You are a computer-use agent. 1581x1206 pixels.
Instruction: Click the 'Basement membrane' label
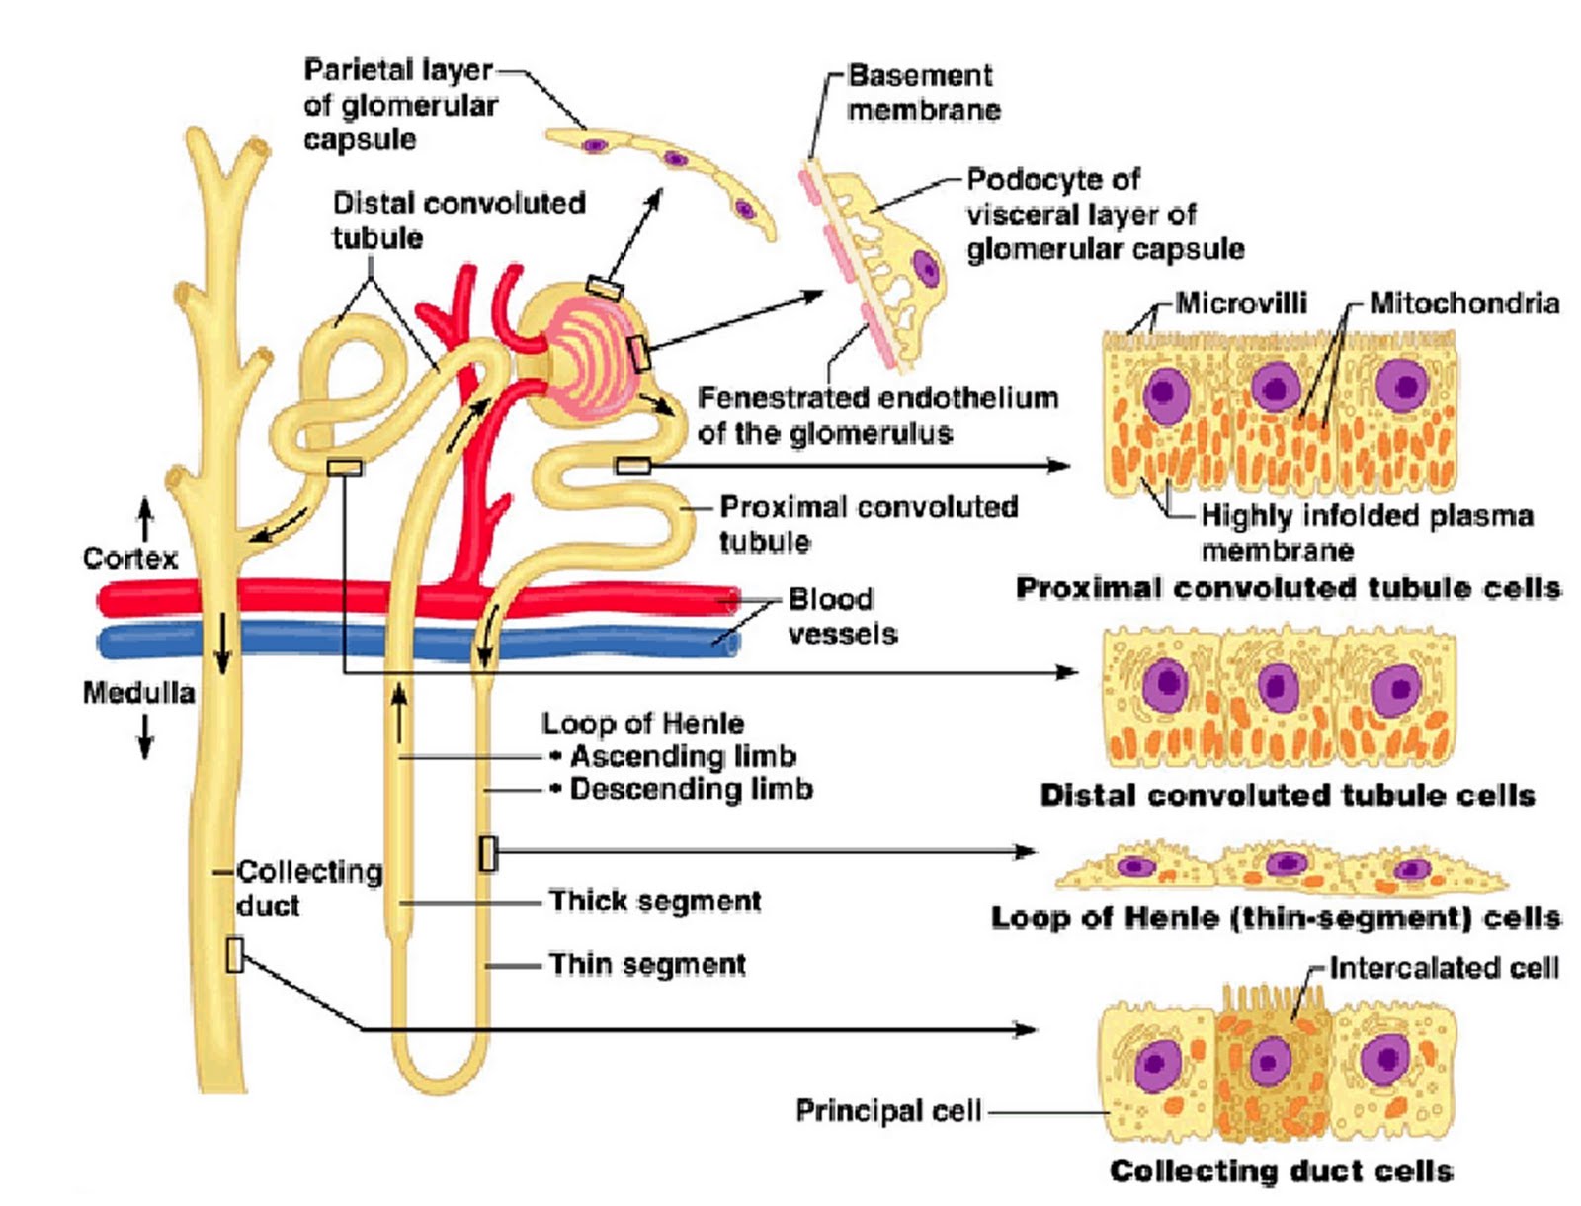click(x=923, y=92)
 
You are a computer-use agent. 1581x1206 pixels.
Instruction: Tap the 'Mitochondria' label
click(x=1463, y=303)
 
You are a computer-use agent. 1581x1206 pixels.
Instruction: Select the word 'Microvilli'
click(x=1241, y=303)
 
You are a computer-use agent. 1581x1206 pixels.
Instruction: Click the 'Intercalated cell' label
click(x=1444, y=967)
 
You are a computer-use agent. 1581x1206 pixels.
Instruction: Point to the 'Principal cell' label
click(x=887, y=1111)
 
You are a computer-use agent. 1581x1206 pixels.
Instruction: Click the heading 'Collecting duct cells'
click(x=1281, y=1171)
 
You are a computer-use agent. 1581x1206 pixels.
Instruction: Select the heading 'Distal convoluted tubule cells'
click(x=1288, y=795)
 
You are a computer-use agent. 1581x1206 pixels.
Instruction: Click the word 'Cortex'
click(x=129, y=559)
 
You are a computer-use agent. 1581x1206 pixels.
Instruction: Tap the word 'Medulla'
click(x=138, y=692)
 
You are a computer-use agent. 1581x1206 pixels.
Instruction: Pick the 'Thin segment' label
click(x=647, y=964)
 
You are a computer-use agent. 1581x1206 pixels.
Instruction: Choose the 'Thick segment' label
click(x=655, y=901)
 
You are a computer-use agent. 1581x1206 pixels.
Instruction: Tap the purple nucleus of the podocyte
click(x=925, y=268)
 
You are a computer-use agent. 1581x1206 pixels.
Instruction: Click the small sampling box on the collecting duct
click(x=234, y=955)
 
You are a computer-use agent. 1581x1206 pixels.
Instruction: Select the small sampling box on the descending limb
click(x=487, y=853)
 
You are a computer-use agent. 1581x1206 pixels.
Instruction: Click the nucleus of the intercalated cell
click(x=1271, y=1064)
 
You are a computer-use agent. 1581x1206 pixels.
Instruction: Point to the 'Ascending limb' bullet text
click(x=682, y=756)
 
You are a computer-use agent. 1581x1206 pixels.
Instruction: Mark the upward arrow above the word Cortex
click(x=145, y=517)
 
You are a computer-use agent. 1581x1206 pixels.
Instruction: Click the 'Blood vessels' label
click(x=842, y=616)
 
